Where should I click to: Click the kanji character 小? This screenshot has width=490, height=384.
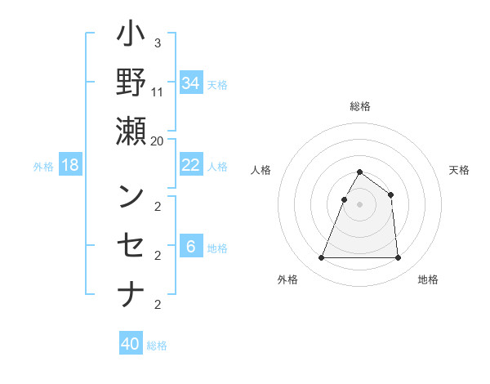(x=131, y=35)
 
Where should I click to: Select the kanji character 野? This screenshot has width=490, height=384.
(x=131, y=83)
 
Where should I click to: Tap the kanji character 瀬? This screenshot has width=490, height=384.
(x=131, y=130)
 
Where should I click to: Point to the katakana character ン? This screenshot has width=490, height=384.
(x=131, y=196)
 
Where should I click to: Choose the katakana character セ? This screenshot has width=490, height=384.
(x=131, y=244)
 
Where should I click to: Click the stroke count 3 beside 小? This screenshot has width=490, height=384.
(x=157, y=43)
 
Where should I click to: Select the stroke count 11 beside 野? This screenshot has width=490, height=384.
(x=158, y=92)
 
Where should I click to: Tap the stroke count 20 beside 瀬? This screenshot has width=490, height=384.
(x=158, y=141)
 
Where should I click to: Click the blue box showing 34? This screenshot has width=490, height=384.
(x=191, y=83)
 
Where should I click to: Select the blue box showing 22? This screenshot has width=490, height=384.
(x=191, y=165)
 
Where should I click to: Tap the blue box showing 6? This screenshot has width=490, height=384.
(x=191, y=247)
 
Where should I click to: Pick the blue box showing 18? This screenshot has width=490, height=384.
(x=70, y=166)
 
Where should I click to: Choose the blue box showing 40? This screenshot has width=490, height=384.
(x=131, y=344)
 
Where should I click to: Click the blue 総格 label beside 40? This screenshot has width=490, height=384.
(x=157, y=346)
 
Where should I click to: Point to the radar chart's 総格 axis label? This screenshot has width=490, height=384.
(x=359, y=106)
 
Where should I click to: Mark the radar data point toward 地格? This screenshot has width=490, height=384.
(x=398, y=258)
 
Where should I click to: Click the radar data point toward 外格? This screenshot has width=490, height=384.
(x=321, y=258)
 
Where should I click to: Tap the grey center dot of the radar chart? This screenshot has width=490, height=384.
(x=359, y=204)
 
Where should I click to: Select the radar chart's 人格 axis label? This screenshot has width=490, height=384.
(x=262, y=170)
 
